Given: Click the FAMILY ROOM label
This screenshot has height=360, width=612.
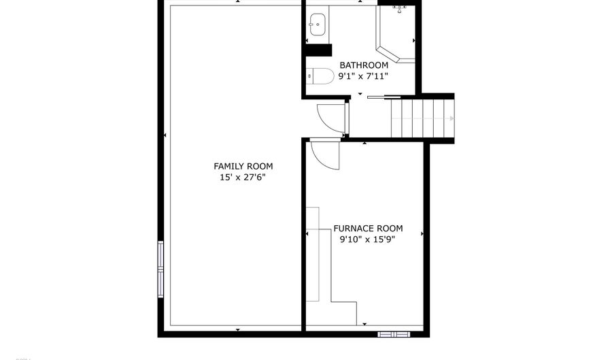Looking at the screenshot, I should click(243, 166).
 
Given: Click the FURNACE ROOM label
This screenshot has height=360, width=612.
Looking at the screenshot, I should click(368, 229).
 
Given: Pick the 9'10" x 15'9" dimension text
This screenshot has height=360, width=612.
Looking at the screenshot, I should click(368, 240).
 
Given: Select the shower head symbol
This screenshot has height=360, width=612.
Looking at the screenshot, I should click(400, 9).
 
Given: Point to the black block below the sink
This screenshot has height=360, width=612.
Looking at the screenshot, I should click(318, 50).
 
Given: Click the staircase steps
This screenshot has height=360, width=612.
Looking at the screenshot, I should click(419, 118).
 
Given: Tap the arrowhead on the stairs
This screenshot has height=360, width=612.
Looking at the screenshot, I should click(451, 118).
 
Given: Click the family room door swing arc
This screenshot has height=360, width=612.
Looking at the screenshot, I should click(330, 117).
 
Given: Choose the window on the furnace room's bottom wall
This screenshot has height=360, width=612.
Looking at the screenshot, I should click(395, 333).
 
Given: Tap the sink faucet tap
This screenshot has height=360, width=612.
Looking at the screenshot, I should click(314, 24).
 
